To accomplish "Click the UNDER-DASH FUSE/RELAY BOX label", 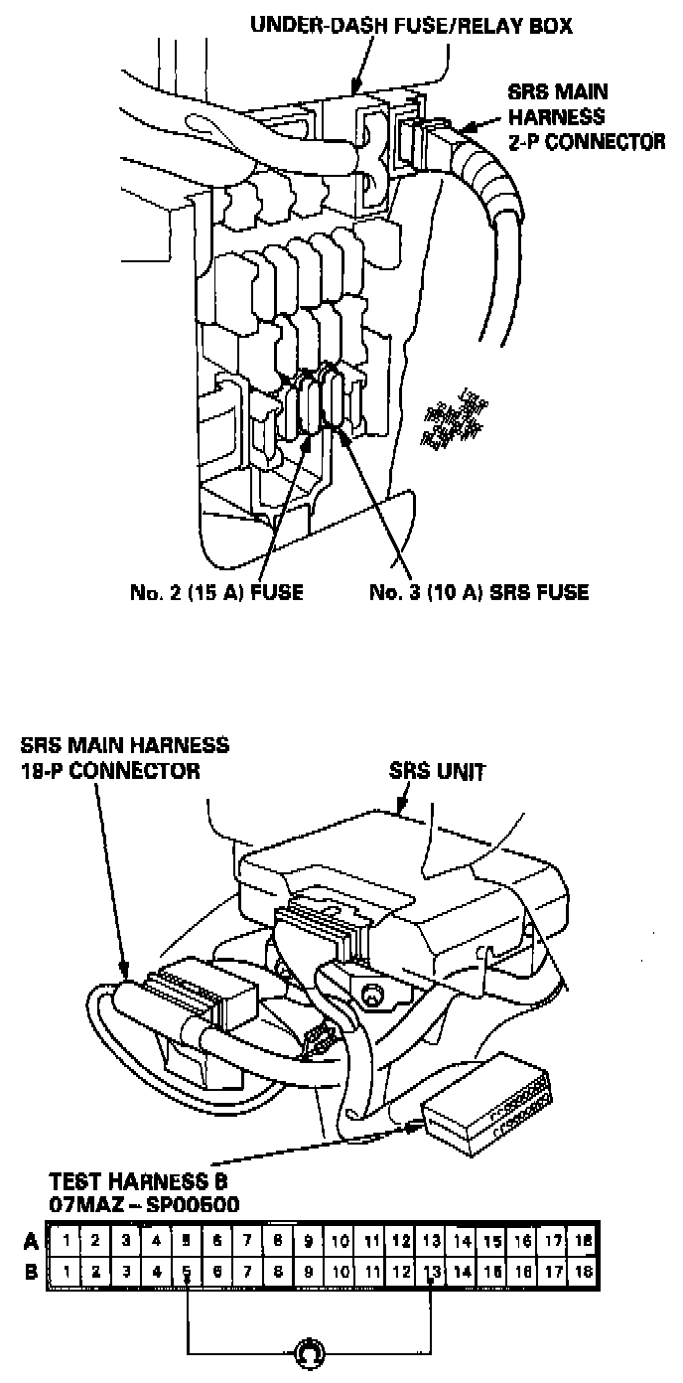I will pyautogui.click(x=410, y=23).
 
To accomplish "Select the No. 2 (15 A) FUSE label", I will pyautogui.click(x=216, y=593).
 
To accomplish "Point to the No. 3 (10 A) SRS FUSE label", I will pyautogui.click(x=478, y=593).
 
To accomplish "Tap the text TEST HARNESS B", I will pyautogui.click(x=138, y=1182).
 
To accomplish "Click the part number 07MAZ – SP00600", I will pyautogui.click(x=144, y=1205).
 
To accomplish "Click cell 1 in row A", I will pyautogui.click(x=65, y=1241).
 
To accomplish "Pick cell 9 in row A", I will pyautogui.click(x=309, y=1241).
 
